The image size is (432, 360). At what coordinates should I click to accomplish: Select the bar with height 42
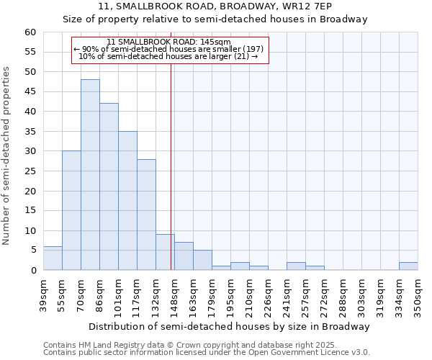click(x=109, y=186)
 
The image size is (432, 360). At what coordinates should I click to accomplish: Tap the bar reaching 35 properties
click(x=127, y=201)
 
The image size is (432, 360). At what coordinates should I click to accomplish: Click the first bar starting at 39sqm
click(x=53, y=258)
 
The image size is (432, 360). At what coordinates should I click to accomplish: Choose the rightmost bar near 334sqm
click(x=408, y=266)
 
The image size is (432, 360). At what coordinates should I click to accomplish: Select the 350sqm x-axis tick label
click(x=418, y=294)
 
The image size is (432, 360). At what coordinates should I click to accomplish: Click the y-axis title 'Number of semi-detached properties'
click(x=7, y=156)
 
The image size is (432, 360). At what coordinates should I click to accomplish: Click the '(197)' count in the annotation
click(x=251, y=49)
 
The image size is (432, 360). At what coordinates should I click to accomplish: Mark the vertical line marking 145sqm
click(x=171, y=166)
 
